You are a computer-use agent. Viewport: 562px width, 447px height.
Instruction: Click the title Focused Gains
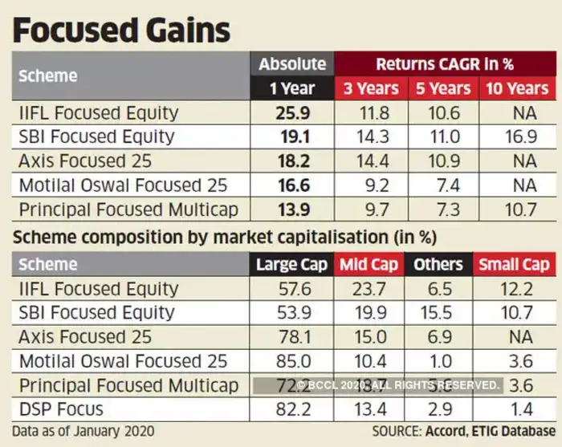121,30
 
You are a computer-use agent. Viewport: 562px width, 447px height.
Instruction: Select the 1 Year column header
292,88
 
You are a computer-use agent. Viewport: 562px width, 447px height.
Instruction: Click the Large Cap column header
292,264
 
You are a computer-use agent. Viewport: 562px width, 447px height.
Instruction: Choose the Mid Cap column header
371,264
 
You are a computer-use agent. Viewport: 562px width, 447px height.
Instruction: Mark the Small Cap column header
514,264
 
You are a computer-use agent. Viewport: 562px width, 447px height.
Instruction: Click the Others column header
438,264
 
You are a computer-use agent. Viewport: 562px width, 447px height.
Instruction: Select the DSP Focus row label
61,409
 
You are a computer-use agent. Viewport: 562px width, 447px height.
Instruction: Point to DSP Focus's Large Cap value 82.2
292,409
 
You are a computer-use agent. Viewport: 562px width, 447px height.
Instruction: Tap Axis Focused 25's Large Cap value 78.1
292,337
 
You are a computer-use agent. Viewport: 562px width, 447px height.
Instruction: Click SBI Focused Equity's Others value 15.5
438,313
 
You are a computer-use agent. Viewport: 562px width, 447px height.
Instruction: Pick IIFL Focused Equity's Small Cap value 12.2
514,288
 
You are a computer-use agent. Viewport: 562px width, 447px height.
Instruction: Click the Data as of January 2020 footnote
83,431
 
